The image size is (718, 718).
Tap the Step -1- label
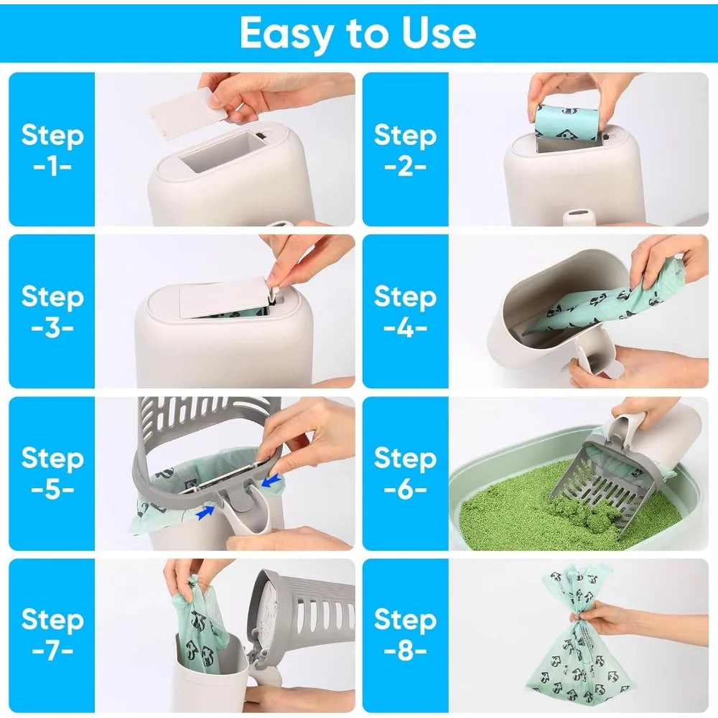(52, 149)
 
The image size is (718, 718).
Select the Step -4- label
(405, 311)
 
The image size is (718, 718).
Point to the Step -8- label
(405, 633)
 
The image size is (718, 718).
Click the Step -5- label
(52, 472)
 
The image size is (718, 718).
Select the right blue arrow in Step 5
(272, 482)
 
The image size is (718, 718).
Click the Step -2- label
(405, 149)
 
